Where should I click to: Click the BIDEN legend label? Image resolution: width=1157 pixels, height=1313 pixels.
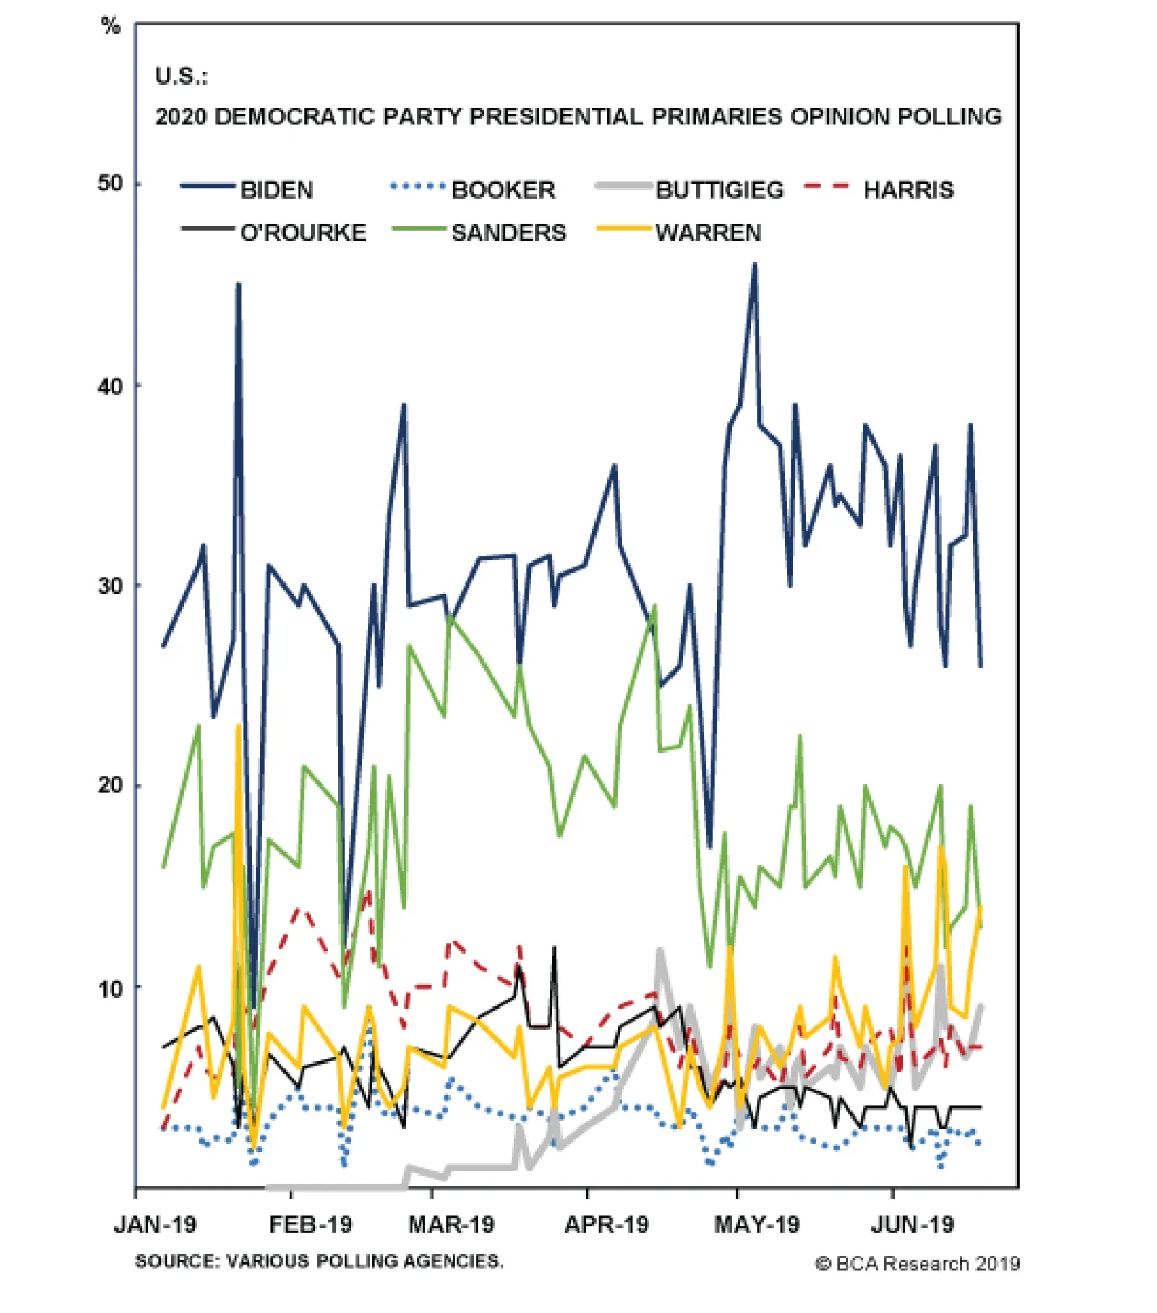(276, 190)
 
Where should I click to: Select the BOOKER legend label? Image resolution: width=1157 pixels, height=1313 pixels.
(503, 190)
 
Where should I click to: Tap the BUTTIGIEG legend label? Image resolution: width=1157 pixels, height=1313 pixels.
(720, 190)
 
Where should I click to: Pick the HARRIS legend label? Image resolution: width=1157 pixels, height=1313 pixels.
(908, 190)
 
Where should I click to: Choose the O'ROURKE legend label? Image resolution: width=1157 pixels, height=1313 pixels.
(303, 233)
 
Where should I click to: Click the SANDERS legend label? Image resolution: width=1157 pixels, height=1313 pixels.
(508, 233)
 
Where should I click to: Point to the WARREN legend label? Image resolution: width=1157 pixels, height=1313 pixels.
(709, 233)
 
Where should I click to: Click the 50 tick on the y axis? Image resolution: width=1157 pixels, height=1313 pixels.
(110, 184)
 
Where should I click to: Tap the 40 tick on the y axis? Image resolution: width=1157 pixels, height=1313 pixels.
(110, 386)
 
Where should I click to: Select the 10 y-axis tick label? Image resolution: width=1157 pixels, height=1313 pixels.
(110, 988)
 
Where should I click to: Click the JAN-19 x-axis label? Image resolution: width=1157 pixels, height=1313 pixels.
(155, 1225)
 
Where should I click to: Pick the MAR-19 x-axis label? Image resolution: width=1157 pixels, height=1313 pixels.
(451, 1225)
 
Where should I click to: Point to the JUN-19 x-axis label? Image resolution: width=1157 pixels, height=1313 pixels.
(913, 1225)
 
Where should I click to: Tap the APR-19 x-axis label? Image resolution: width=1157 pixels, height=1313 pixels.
(607, 1225)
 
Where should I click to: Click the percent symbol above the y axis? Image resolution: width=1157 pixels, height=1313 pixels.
(110, 27)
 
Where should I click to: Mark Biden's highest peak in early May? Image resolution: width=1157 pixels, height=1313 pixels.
(754, 265)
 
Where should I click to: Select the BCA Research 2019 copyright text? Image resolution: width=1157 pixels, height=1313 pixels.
(918, 1264)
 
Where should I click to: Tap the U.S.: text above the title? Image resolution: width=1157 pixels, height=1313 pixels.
(181, 76)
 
